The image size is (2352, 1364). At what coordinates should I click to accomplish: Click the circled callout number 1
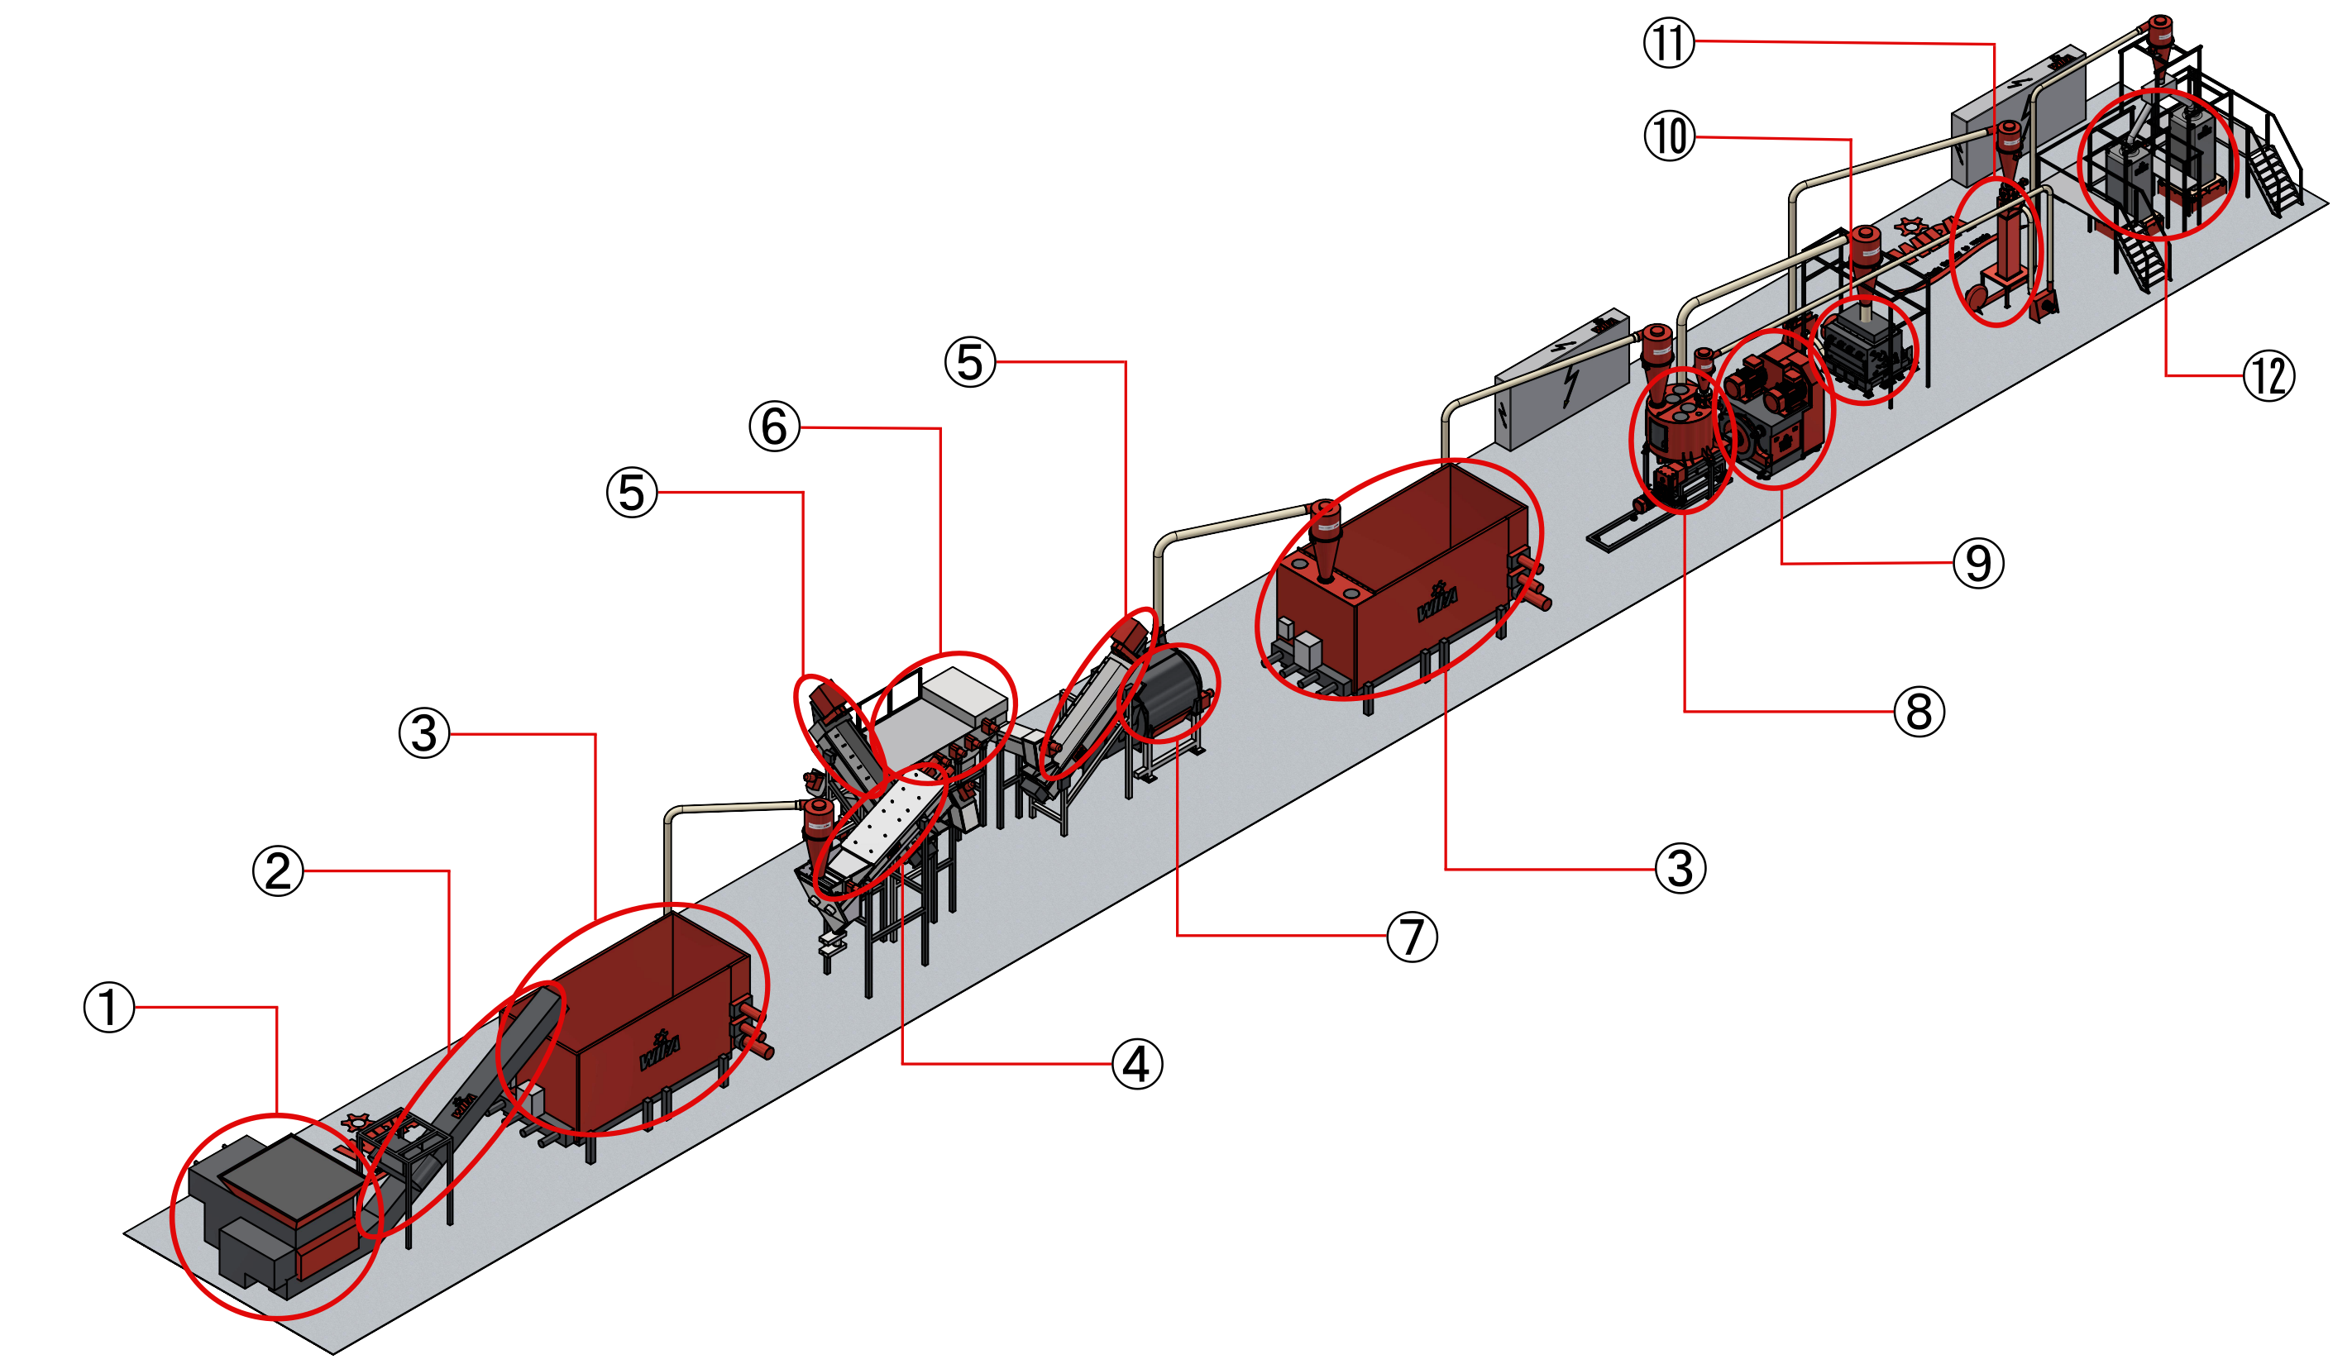click(109, 1008)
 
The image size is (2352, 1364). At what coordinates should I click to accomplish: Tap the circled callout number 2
click(278, 871)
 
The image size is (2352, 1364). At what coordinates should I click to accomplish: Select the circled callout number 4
click(1137, 1064)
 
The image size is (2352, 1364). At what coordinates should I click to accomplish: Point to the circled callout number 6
click(775, 427)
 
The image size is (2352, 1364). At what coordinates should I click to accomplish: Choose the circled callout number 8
click(1919, 711)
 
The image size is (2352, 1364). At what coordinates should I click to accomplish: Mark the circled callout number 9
click(1979, 563)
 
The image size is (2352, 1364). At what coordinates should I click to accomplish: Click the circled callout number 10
click(1669, 136)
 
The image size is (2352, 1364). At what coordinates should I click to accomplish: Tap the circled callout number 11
click(1669, 43)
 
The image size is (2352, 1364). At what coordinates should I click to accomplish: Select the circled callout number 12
click(2269, 376)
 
